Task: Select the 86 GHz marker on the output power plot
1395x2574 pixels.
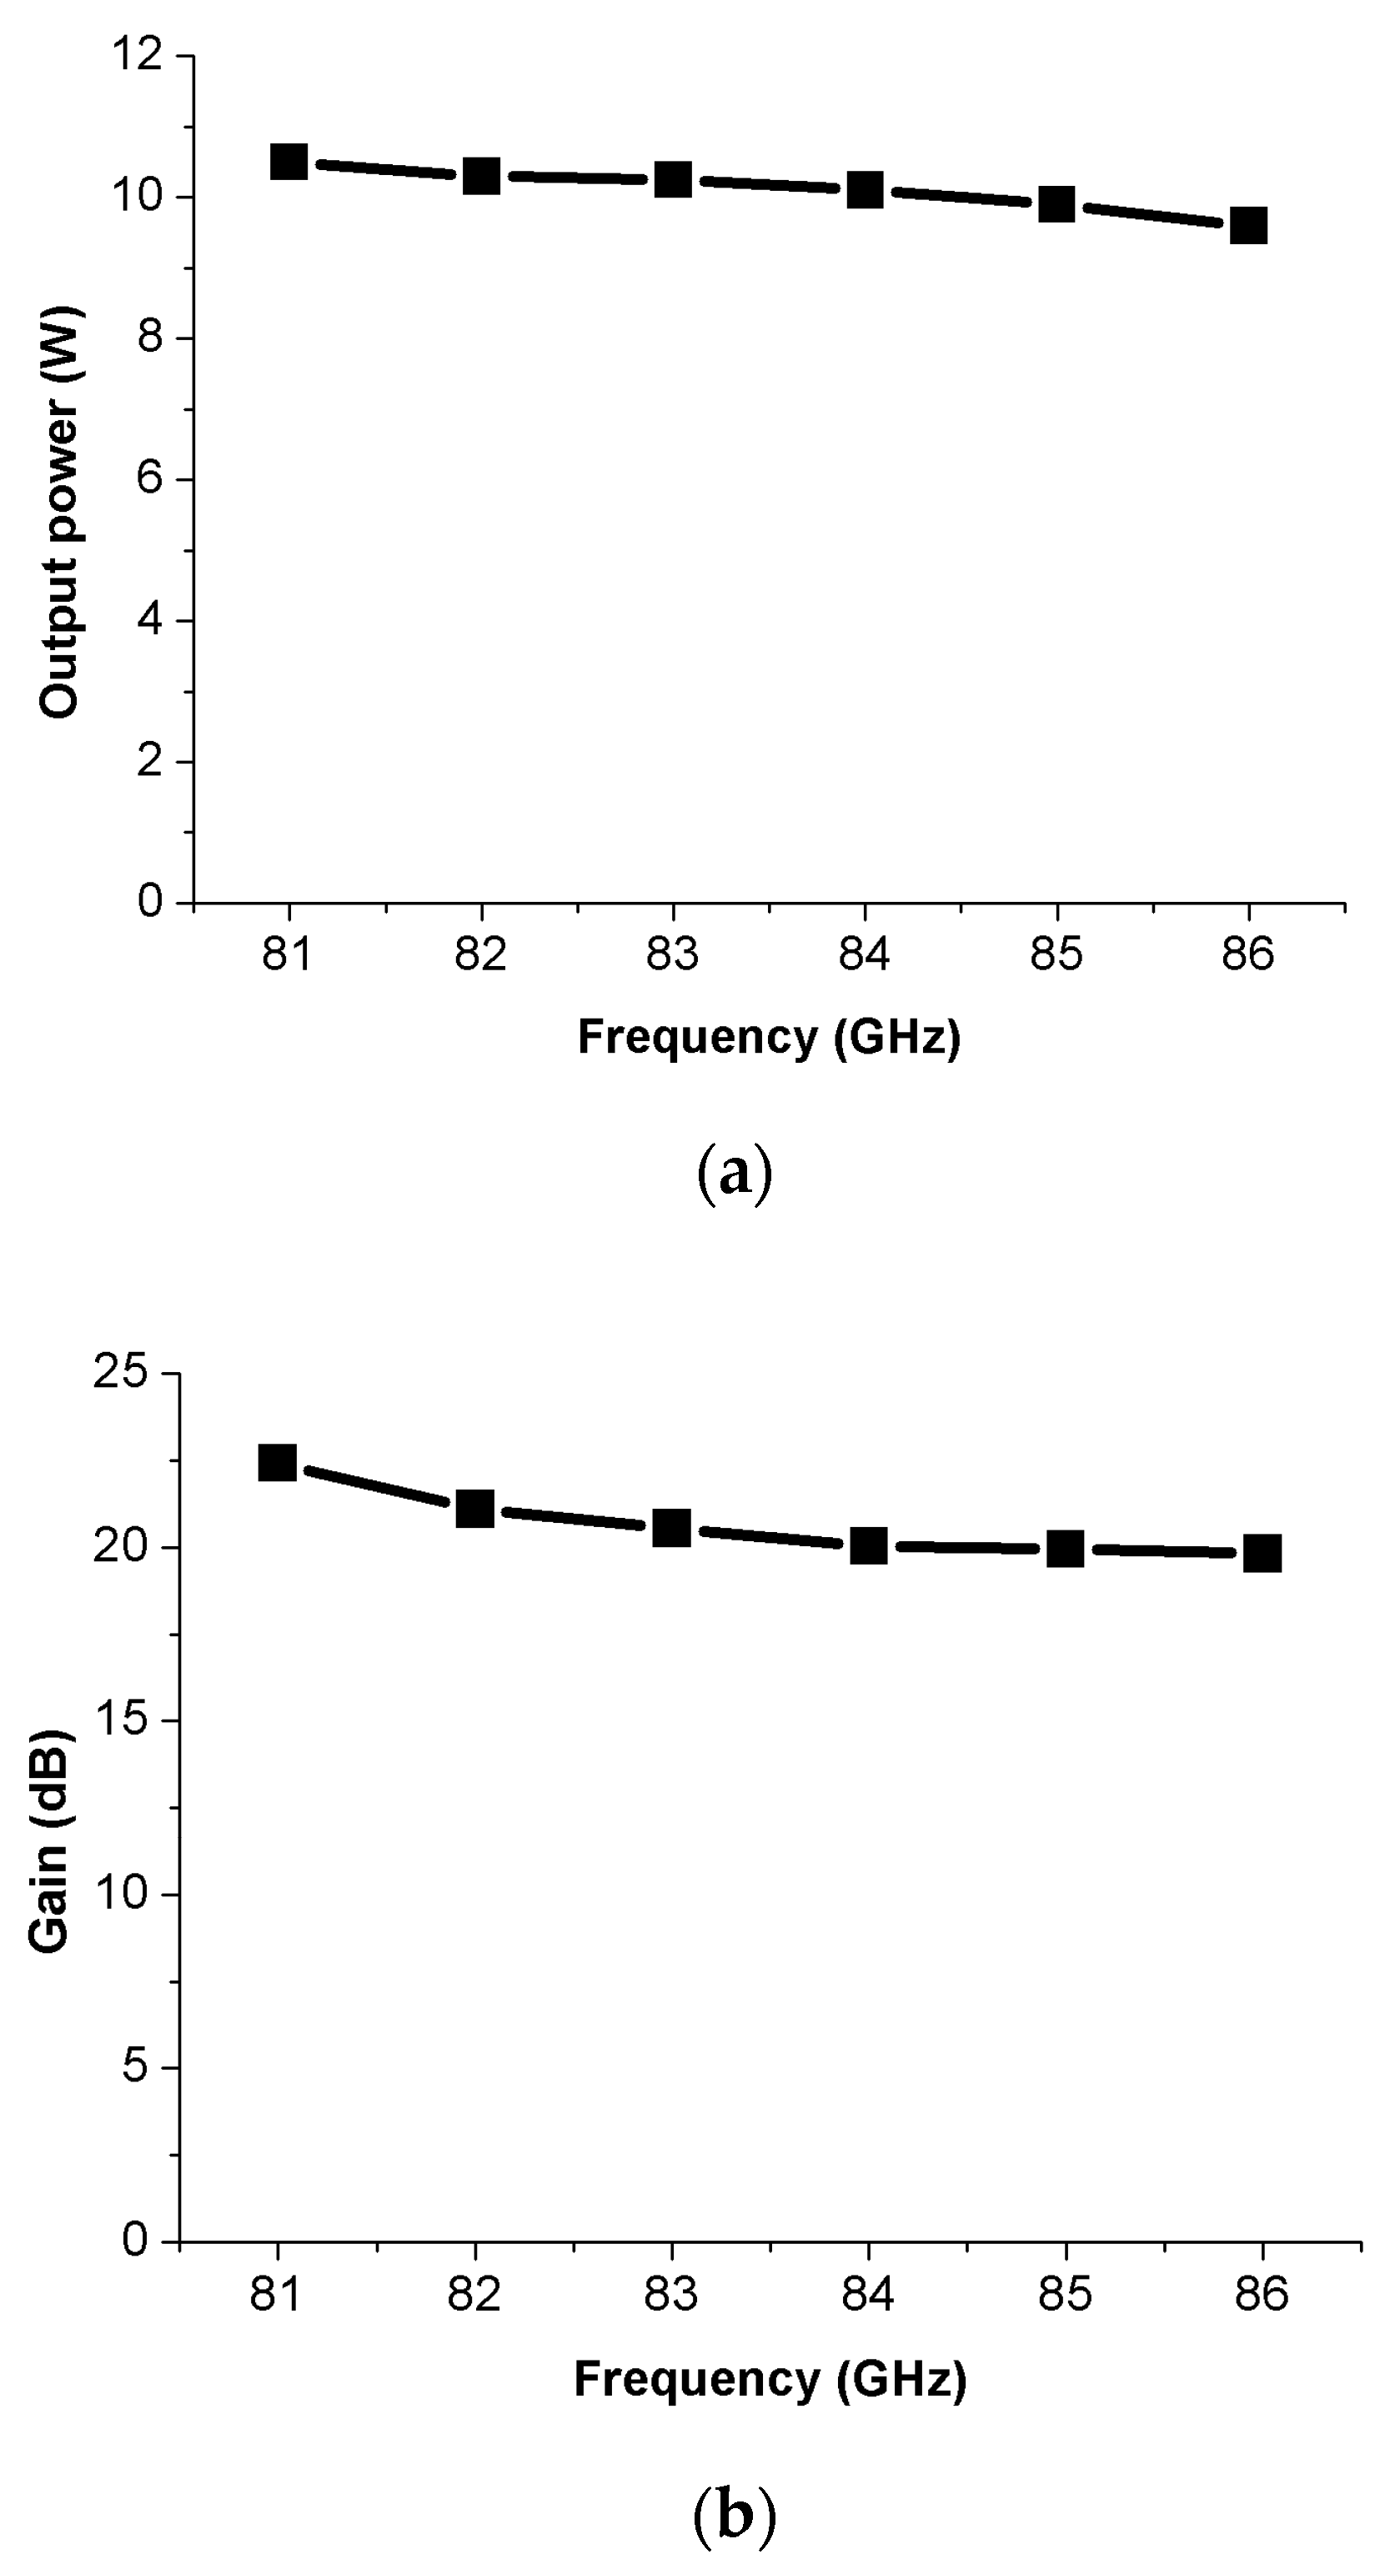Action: point(1248,226)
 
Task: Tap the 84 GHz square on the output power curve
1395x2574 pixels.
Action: point(865,189)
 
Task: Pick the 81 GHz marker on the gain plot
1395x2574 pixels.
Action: point(277,1463)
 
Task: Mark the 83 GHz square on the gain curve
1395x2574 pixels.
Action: point(671,1528)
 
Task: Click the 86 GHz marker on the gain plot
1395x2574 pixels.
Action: point(1262,1554)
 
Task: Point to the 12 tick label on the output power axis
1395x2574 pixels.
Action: point(136,56)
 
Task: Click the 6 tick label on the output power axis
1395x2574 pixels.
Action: point(150,479)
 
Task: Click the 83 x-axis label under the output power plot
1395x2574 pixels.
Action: point(673,955)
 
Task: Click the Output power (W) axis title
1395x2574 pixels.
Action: point(60,512)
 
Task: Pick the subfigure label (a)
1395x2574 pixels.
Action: point(734,1172)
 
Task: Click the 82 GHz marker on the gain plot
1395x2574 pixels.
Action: point(474,1509)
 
